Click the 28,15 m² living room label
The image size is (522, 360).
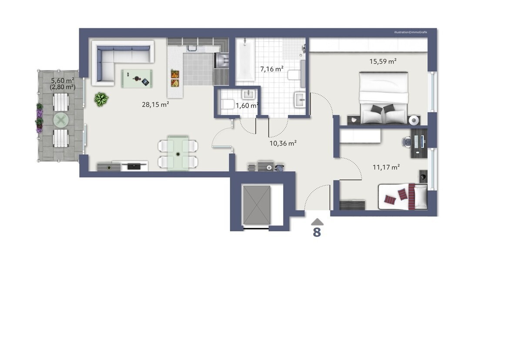coord(155,104)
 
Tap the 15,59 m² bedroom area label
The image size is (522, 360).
coord(383,61)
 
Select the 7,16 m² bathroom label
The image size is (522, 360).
coord(272,69)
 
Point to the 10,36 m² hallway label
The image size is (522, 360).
coord(283,143)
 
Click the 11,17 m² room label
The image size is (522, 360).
coord(386,167)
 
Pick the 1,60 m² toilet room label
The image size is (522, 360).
coord(247,106)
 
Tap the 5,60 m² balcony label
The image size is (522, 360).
coord(63,80)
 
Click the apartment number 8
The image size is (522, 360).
coord(317,232)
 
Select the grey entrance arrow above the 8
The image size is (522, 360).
coord(317,222)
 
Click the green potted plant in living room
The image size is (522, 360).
coord(101,99)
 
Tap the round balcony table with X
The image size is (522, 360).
coord(61,120)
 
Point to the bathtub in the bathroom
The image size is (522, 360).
coord(245,60)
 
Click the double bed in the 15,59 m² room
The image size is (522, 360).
coord(384,98)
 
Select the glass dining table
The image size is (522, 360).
coord(178,153)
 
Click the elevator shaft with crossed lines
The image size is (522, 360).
coord(257,205)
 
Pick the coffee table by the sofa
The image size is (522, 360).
coord(137,78)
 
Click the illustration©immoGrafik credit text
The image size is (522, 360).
coord(411,32)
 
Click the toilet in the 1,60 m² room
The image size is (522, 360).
coord(227,104)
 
